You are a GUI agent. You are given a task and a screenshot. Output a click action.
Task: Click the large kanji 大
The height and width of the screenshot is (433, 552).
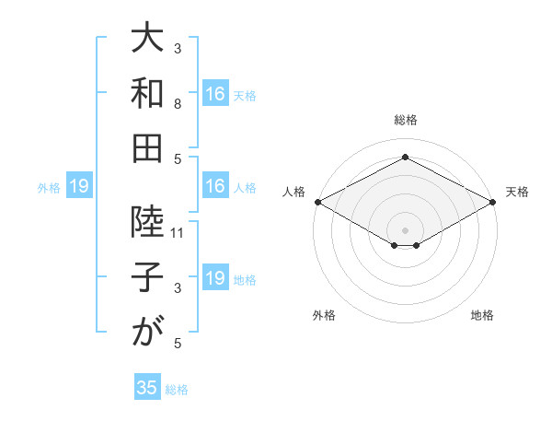[x=147, y=42]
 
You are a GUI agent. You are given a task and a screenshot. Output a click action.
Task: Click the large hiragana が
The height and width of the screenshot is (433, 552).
[x=147, y=331]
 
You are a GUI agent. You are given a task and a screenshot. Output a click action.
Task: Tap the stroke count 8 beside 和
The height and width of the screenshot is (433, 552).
[x=178, y=105]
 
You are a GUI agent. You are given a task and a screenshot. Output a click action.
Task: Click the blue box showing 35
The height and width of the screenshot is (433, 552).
[x=147, y=388]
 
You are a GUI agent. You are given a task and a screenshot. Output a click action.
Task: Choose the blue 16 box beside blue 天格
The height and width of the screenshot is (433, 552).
[x=215, y=93]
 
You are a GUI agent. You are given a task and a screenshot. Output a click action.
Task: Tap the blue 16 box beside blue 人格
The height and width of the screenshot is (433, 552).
[x=215, y=187]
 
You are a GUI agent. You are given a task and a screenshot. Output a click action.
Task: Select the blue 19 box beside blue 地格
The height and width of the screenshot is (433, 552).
[x=215, y=278]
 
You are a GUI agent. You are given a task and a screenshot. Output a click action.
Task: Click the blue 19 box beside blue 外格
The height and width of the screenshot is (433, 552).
[x=79, y=187]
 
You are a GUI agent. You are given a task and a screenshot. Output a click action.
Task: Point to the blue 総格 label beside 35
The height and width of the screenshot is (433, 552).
[x=177, y=389]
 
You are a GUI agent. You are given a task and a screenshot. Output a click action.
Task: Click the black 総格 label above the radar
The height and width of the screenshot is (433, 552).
[x=405, y=120]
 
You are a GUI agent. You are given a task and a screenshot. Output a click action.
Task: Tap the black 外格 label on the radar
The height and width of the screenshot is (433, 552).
[x=324, y=316]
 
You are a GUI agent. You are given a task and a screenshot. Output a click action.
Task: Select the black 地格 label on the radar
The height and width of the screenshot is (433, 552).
[x=482, y=316]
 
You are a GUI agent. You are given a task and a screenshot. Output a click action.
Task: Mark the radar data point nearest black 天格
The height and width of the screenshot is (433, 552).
[x=493, y=202]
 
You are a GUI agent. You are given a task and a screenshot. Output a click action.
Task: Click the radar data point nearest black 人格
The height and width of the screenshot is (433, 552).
[x=316, y=202]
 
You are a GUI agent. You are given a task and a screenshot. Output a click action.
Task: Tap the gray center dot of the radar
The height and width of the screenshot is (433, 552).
[x=405, y=229]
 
